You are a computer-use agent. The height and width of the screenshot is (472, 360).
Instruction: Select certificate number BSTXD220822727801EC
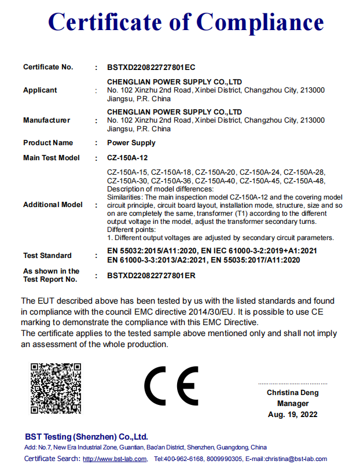click(x=152, y=67)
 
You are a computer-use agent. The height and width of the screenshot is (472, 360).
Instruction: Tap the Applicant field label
click(x=40, y=90)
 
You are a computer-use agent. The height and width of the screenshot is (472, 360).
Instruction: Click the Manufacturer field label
click(x=46, y=120)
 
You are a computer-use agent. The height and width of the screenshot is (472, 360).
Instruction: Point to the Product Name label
click(x=48, y=143)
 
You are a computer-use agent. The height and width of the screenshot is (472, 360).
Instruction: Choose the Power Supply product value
click(x=131, y=143)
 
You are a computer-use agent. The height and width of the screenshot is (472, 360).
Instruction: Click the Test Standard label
click(x=47, y=256)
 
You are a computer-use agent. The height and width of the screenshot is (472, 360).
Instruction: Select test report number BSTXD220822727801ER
click(x=152, y=275)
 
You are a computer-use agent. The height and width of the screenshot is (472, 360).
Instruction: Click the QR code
click(x=55, y=388)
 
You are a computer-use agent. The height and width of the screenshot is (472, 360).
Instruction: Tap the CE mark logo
click(x=171, y=386)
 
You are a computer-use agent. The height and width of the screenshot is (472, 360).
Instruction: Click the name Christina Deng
click(x=292, y=393)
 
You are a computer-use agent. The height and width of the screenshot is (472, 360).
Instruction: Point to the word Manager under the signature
click(x=293, y=404)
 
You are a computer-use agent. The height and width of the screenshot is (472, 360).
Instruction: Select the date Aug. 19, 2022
click(x=293, y=415)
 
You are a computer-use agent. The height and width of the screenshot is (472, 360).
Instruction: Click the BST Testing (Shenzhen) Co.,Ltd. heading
click(x=86, y=437)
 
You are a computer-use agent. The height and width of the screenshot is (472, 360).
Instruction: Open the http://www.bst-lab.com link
click(x=115, y=459)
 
